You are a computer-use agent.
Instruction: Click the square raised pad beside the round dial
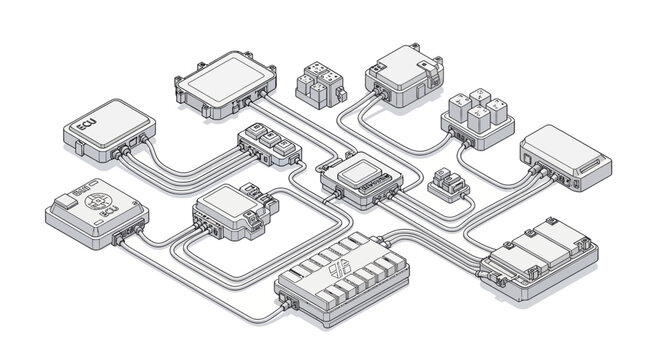(66, 201)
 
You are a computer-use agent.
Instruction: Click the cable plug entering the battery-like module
(487, 269)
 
